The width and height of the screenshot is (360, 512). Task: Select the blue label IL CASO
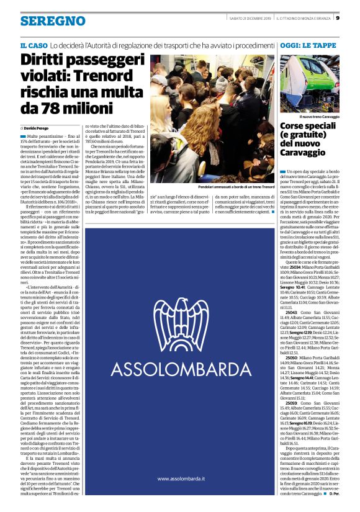point(34,46)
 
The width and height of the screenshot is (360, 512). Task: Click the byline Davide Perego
point(40,127)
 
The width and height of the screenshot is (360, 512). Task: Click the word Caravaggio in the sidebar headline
point(307,160)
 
